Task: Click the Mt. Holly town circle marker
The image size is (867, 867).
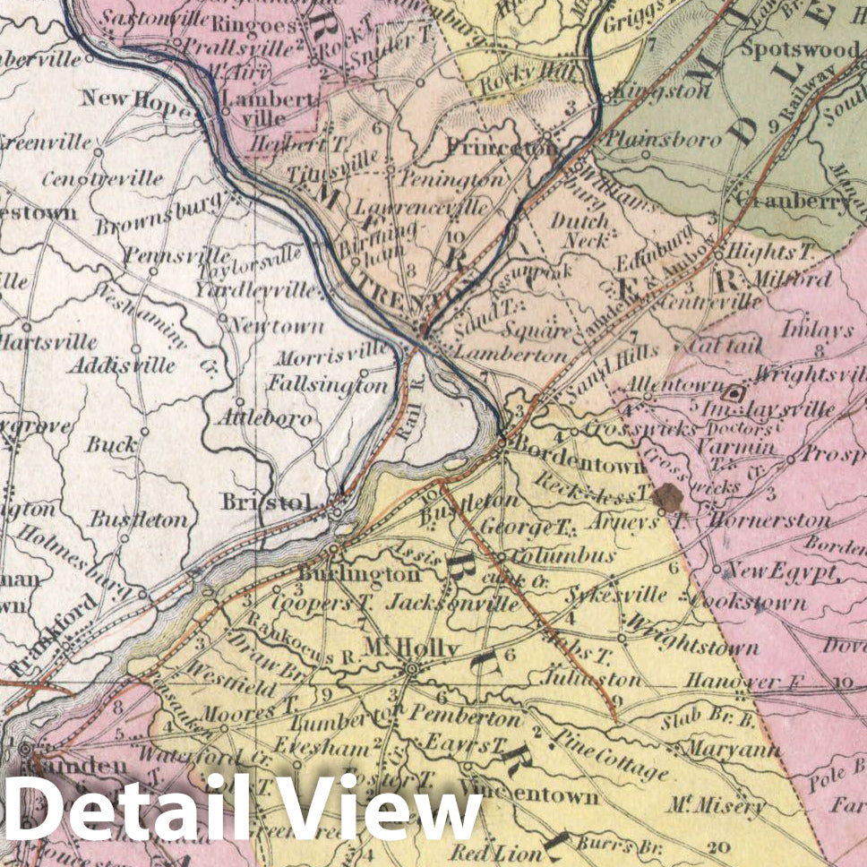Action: [412, 668]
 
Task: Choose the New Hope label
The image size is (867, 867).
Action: [137, 98]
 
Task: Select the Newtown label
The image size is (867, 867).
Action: [278, 326]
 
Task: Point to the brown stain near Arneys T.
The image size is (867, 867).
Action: [667, 498]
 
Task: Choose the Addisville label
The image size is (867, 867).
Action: [134, 365]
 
